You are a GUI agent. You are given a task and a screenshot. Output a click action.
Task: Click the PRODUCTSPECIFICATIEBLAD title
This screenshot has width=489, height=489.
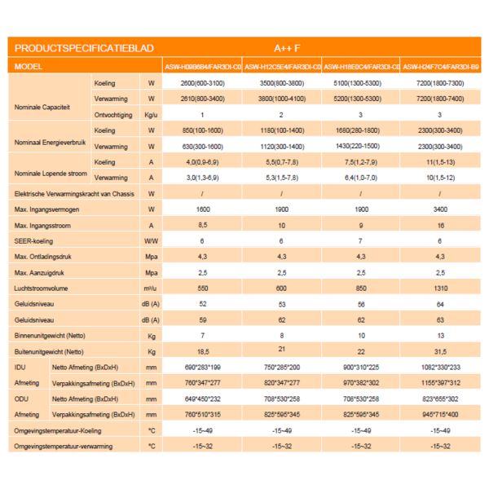click(84, 49)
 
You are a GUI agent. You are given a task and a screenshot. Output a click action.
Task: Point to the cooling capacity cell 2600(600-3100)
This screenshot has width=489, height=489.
click(202, 84)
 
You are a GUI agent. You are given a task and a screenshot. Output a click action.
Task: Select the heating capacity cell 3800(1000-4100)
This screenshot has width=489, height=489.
click(281, 99)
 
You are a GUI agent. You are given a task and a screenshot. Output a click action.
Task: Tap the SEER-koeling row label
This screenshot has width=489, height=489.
click(37, 242)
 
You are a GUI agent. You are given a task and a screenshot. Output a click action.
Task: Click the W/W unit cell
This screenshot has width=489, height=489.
click(151, 242)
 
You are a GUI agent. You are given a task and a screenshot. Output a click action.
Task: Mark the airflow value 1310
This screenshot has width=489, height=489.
click(440, 289)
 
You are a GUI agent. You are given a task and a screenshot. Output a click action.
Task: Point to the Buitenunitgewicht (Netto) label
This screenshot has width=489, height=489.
click(50, 351)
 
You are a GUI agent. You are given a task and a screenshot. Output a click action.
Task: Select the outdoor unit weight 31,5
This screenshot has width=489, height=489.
click(440, 351)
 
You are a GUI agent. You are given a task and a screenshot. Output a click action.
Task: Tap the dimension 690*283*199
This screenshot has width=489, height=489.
click(202, 368)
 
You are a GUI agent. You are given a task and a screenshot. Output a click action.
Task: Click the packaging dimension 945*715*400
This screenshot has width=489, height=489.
click(440, 414)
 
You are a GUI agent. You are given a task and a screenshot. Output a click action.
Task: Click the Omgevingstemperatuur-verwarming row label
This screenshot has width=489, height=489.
click(64, 446)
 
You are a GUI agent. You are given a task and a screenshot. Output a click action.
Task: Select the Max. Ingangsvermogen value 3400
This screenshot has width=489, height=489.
click(440, 209)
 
